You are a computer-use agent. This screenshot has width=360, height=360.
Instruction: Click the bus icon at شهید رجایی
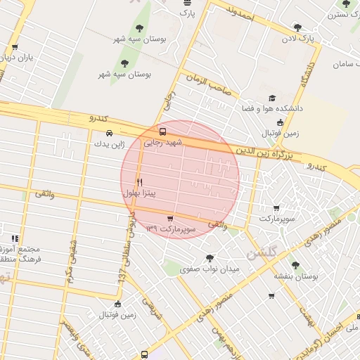click(163, 131)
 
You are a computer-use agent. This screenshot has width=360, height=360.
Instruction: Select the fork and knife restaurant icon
click(139, 181)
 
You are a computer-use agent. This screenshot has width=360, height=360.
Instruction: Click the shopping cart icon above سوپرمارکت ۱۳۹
click(169, 219)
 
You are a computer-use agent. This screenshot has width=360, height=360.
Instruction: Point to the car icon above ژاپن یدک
click(108, 133)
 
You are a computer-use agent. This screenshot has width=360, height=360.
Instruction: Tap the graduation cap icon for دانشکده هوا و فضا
click(272, 99)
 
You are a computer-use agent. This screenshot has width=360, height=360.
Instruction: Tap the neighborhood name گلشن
click(262, 252)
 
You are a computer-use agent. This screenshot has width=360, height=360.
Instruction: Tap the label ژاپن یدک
click(109, 143)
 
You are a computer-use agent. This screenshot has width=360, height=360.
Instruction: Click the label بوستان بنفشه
click(296, 276)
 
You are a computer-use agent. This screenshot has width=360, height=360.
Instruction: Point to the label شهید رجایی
click(163, 142)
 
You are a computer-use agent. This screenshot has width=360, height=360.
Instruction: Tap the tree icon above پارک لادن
click(297, 27)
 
